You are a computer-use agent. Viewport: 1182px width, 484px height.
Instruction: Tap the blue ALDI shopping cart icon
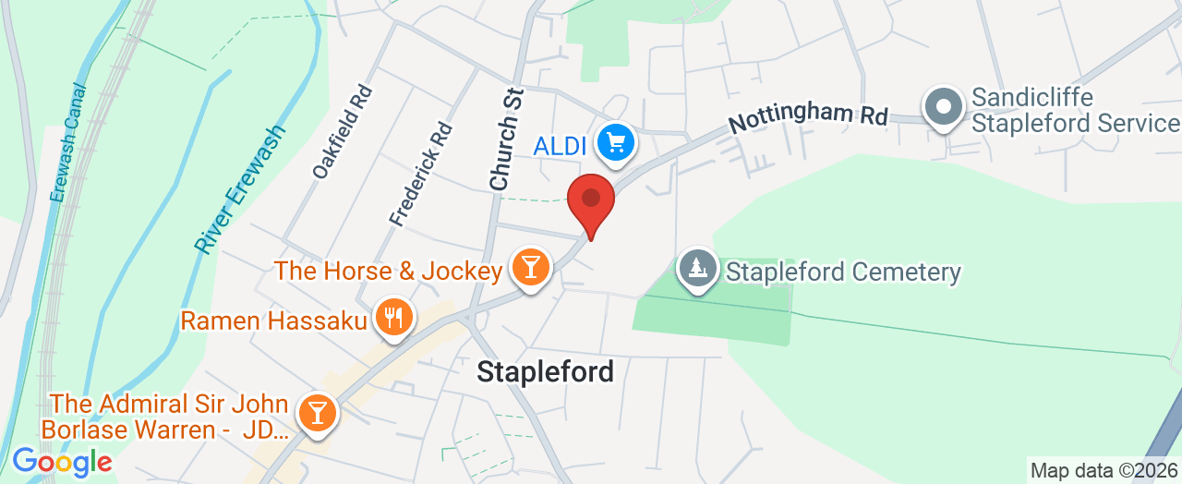pos(615,143)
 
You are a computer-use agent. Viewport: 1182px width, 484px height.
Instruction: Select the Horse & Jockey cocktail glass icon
pos(530,269)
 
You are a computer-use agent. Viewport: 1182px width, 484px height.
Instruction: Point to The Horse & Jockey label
pos(388,271)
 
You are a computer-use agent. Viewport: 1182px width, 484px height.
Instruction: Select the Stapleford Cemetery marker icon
pos(697,270)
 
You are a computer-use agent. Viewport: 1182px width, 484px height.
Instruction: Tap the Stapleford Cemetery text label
pos(843,272)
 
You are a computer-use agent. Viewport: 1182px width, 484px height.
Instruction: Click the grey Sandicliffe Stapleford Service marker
pos(944,107)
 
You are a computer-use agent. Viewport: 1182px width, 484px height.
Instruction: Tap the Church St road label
pos(507,139)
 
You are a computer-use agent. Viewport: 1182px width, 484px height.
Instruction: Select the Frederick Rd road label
pos(421,174)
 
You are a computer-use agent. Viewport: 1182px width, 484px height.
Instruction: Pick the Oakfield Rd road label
pos(342,132)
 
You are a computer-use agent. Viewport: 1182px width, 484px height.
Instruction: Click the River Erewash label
pos(241,188)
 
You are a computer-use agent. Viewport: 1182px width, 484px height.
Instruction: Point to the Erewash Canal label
pos(67,143)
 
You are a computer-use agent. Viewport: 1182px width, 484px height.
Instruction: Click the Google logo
pos(62,461)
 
